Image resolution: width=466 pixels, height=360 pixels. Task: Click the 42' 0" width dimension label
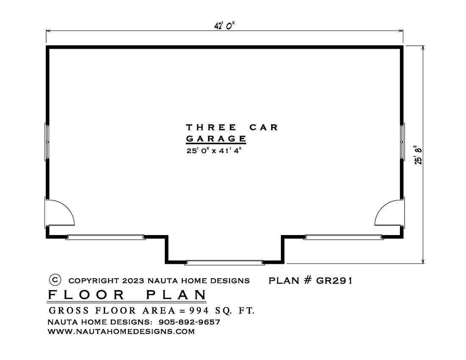pyautogui.click(x=225, y=26)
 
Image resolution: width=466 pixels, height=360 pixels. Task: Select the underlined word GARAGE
pyautogui.click(x=216, y=139)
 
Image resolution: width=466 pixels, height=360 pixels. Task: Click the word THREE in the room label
pyautogui.click(x=211, y=127)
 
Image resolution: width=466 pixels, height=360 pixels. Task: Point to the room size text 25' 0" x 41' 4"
pyautogui.click(x=214, y=151)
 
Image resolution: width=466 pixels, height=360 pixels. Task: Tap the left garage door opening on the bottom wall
pyautogui.click(x=105, y=237)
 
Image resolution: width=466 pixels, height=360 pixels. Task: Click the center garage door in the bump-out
pyautogui.click(x=225, y=262)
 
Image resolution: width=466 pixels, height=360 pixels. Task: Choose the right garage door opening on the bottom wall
pyautogui.click(x=343, y=237)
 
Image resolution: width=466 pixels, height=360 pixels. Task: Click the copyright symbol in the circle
pyautogui.click(x=55, y=280)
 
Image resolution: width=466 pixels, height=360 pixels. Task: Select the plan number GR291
pyautogui.click(x=334, y=280)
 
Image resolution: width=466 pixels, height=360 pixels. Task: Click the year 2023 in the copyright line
pyautogui.click(x=133, y=281)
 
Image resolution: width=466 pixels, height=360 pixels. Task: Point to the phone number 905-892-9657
pyautogui.click(x=189, y=322)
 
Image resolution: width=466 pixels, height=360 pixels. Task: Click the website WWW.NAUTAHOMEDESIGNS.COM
pyautogui.click(x=121, y=332)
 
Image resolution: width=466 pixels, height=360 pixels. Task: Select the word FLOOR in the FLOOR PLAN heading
pyautogui.click(x=86, y=295)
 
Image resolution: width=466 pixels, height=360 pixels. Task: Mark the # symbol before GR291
pyautogui.click(x=308, y=280)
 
